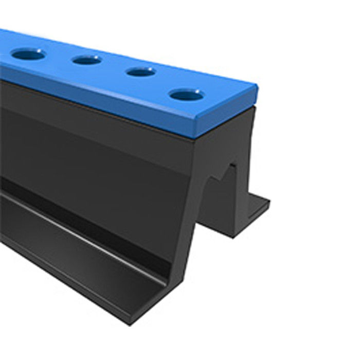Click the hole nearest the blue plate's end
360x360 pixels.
[x=187, y=95]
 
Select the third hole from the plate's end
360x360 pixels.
[x=86, y=60]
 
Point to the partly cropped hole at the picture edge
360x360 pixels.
[x=28, y=53]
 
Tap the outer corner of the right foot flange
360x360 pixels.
[x=269, y=201]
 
